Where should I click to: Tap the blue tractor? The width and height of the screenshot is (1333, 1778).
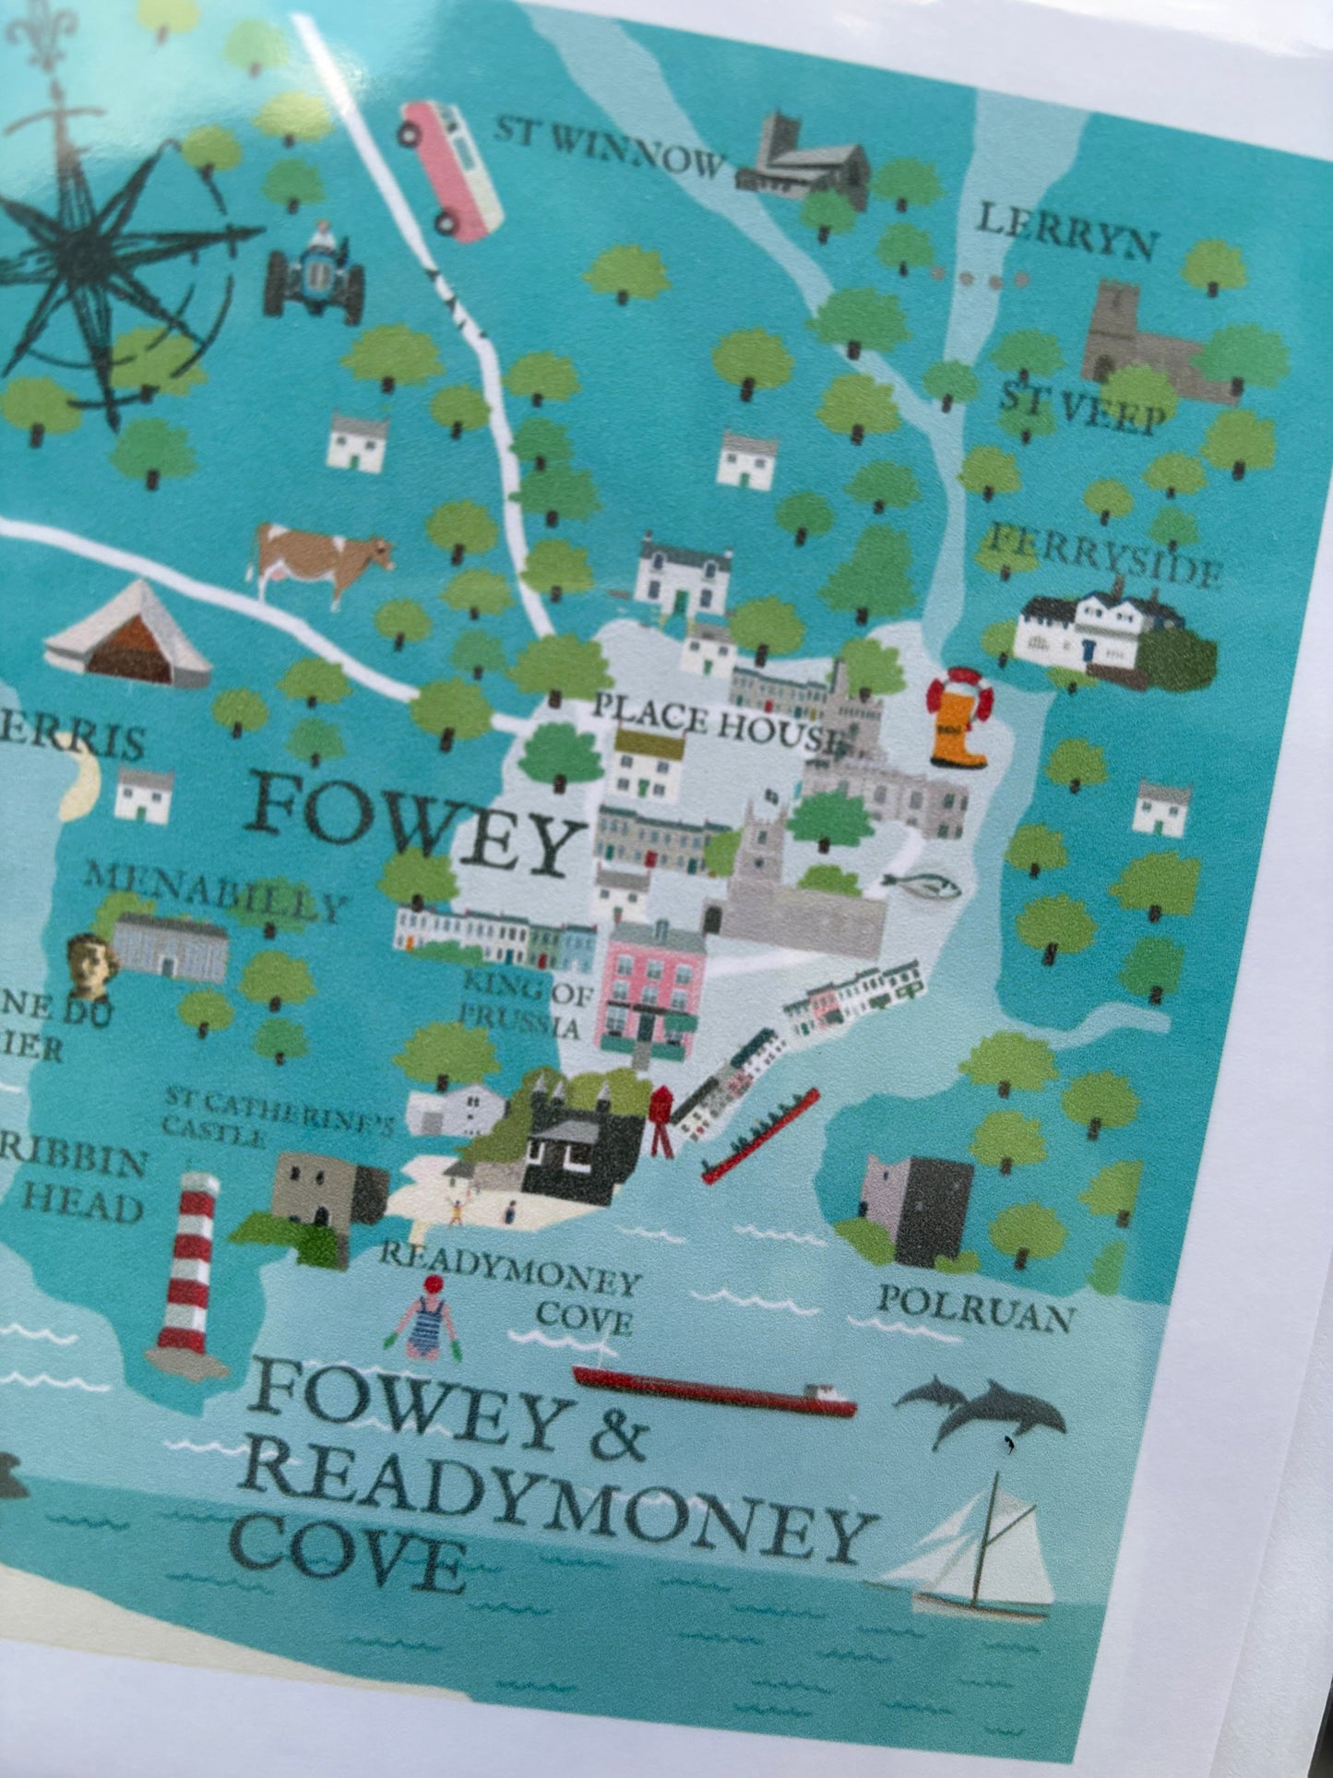(314, 274)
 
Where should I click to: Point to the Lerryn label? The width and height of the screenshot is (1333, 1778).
(1065, 232)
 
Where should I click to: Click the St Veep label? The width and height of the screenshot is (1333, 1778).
(1081, 409)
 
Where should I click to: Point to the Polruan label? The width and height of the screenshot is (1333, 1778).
(973, 1309)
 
